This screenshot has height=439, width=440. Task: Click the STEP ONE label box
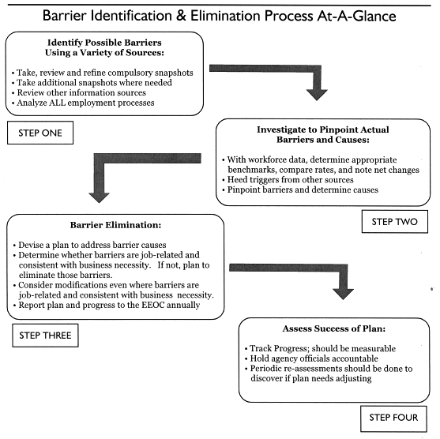pyautogui.click(x=40, y=133)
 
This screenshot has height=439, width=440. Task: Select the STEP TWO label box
pyautogui.click(x=395, y=222)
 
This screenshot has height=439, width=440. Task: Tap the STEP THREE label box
pyautogui.click(x=45, y=336)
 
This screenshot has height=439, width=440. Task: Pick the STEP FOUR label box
pyautogui.click(x=393, y=418)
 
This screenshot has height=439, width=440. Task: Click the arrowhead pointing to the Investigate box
pyautogui.click(x=317, y=95)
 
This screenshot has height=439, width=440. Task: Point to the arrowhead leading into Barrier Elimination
pyautogui.click(x=99, y=197)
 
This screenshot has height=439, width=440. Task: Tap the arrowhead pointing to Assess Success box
pyautogui.click(x=343, y=294)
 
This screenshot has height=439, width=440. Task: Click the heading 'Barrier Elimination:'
pyautogui.click(x=115, y=225)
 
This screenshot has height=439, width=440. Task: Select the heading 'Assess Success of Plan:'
pyautogui.click(x=334, y=328)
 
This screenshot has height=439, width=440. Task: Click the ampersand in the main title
pyautogui.click(x=181, y=16)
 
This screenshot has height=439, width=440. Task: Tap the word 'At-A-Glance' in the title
pyautogui.click(x=356, y=16)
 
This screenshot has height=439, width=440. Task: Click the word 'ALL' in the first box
pyautogui.click(x=57, y=103)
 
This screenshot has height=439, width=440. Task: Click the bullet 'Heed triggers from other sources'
pyautogui.click(x=288, y=179)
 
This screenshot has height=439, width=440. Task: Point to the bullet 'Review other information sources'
pyautogui.click(x=79, y=92)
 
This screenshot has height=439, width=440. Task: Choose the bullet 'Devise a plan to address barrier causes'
pyautogui.click(x=89, y=246)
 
